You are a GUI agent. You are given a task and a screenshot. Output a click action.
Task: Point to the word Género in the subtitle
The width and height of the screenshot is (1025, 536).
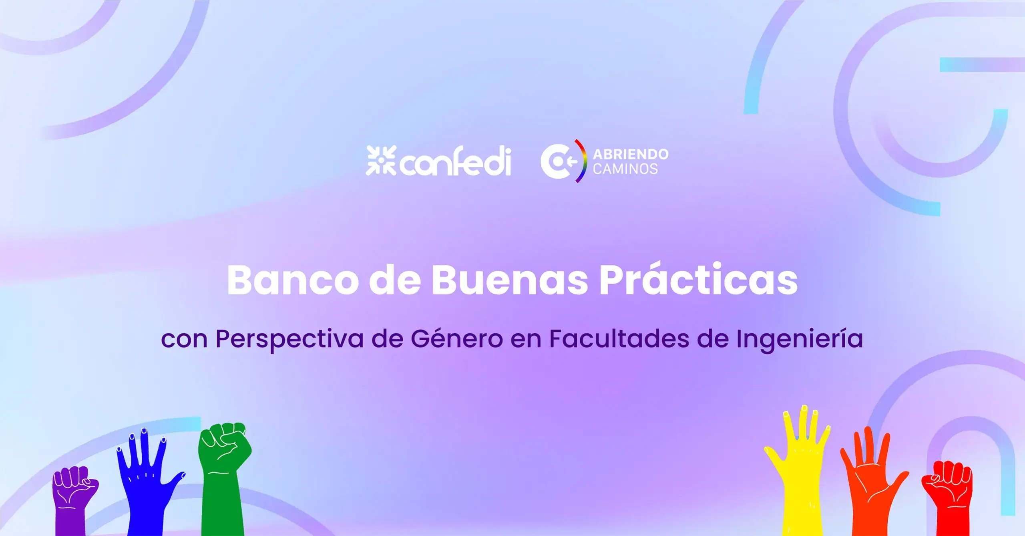click(457, 339)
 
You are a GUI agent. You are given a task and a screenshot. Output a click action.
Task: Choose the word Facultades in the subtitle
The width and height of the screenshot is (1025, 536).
click(619, 339)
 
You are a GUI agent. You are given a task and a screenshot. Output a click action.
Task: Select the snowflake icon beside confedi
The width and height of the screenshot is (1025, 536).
click(381, 160)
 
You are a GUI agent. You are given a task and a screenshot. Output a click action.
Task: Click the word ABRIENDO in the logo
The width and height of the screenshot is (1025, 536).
click(631, 154)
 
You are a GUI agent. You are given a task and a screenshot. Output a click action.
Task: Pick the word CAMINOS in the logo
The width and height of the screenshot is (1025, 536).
click(625, 169)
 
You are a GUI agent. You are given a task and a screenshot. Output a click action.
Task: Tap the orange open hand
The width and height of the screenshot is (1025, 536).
click(873, 481)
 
